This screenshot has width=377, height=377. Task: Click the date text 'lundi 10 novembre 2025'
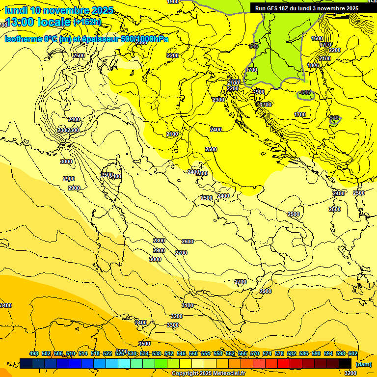(x=59, y=11)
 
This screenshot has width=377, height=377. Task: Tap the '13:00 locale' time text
(x=37, y=22)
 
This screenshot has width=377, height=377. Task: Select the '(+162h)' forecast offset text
(x=87, y=22)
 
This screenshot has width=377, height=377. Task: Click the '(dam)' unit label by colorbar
(x=363, y=364)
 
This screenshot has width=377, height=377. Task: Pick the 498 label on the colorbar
(x=34, y=354)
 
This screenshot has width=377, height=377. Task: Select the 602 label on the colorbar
(x=352, y=354)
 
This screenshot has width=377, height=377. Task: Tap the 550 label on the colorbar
(x=193, y=354)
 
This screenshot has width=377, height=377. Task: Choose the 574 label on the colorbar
(x=267, y=354)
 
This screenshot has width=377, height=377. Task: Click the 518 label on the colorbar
(x=95, y=354)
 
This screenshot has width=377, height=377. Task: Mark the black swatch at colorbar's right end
(x=345, y=363)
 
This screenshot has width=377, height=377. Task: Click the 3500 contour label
(x=144, y=344)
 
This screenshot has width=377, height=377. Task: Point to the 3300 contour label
(x=172, y=325)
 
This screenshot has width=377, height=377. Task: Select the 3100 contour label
(x=187, y=305)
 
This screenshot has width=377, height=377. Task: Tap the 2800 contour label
(x=159, y=241)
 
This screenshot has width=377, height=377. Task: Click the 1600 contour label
(x=317, y=38)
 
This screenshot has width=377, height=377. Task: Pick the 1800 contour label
(x=313, y=65)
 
